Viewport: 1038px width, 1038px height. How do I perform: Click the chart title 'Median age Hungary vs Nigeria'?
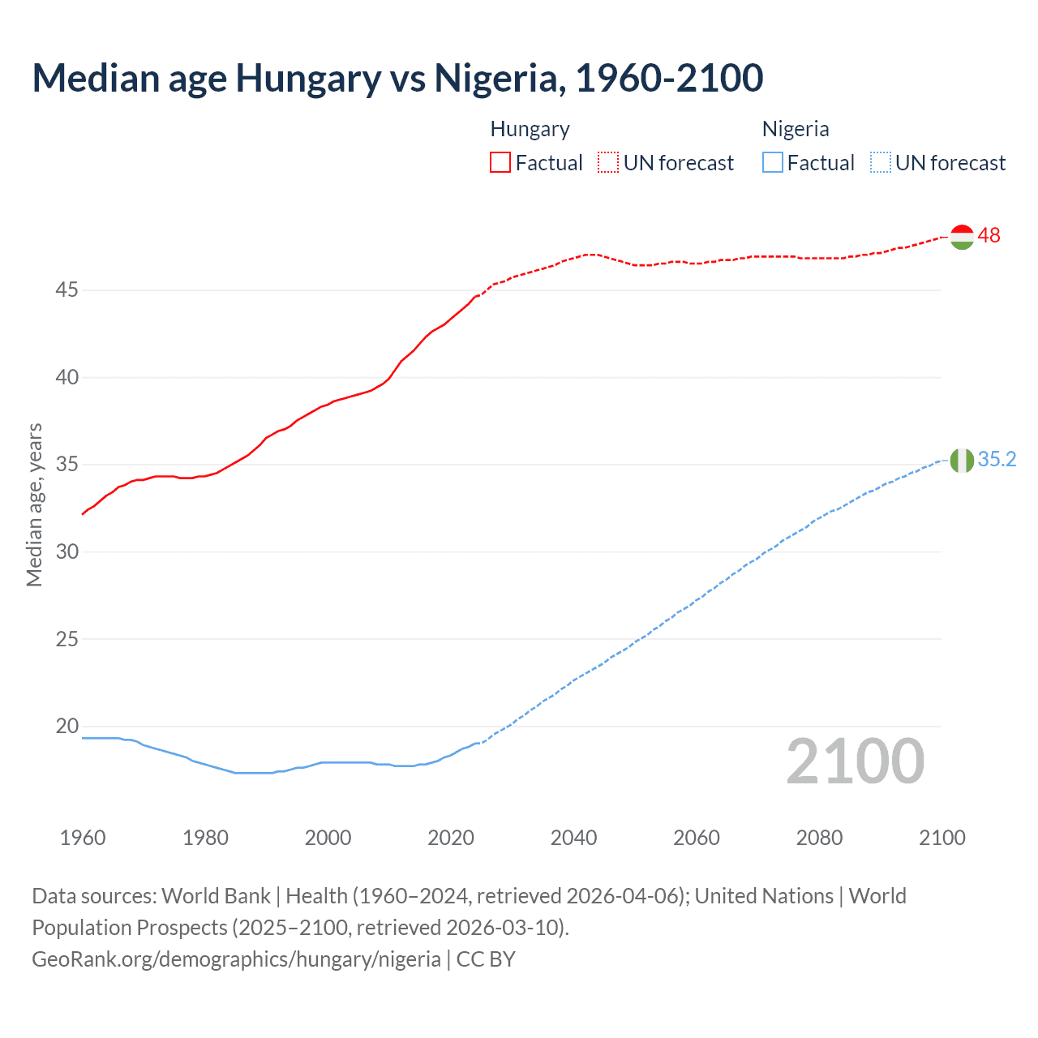click(397, 78)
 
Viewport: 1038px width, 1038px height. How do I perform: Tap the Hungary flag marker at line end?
click(961, 237)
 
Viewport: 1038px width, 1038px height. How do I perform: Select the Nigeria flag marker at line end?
click(961, 460)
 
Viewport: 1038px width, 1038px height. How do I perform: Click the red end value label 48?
click(989, 236)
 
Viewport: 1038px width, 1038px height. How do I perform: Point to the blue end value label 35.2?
click(997, 460)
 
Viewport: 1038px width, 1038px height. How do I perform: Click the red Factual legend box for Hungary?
click(500, 163)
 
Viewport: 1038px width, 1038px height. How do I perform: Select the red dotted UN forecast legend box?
click(608, 163)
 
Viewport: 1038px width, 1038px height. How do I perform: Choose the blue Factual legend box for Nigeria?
click(773, 163)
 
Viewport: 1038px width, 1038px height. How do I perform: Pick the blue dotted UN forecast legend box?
click(881, 163)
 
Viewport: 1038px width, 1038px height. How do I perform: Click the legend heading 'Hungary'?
click(530, 129)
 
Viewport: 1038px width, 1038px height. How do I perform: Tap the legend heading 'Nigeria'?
click(795, 129)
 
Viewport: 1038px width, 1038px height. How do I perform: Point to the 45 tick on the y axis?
click(66, 290)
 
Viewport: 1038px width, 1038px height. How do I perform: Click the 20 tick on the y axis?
click(66, 726)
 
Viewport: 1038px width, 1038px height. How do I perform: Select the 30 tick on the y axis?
click(66, 551)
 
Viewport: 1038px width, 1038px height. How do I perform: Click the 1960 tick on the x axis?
click(83, 838)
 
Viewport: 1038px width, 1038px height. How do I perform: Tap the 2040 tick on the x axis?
click(573, 838)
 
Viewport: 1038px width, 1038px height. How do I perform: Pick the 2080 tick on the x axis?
click(819, 838)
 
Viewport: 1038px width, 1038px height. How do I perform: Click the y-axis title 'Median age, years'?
click(34, 504)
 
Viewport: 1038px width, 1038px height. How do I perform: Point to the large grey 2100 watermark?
click(855, 761)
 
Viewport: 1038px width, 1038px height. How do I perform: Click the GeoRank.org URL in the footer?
click(236, 959)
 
